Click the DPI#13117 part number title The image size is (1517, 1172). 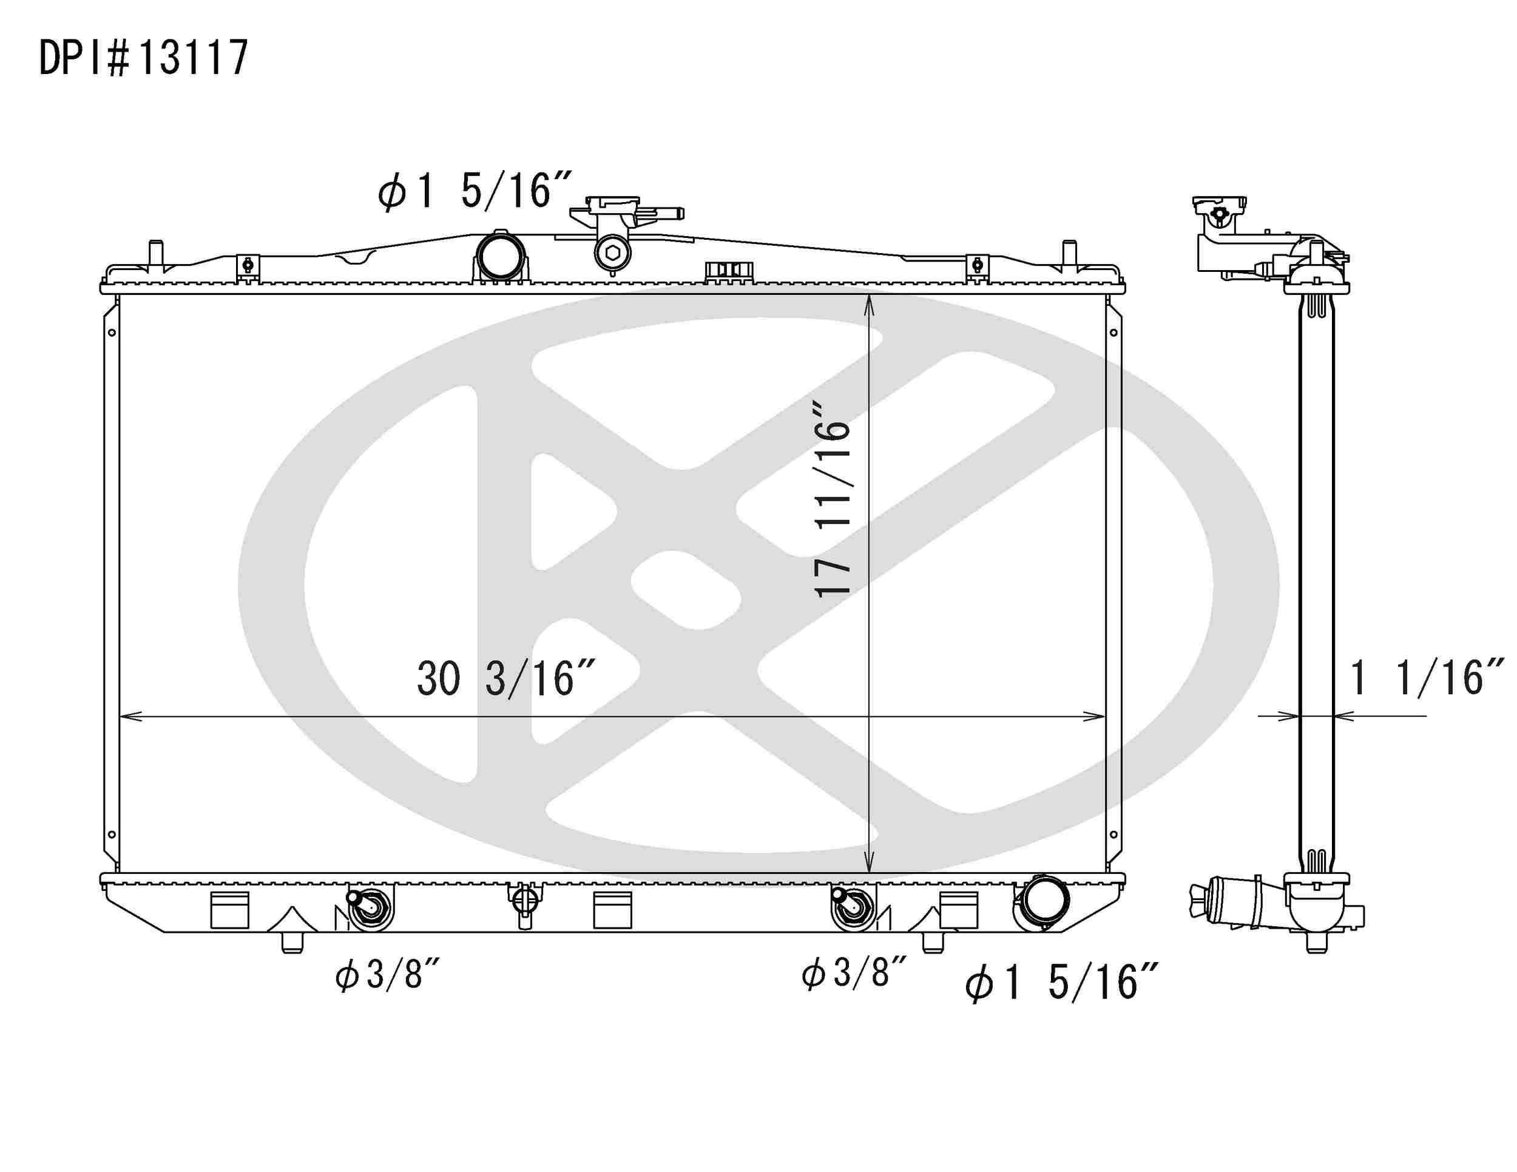coord(144,58)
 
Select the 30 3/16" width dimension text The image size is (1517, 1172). coord(505,679)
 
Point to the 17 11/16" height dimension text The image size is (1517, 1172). coord(832,499)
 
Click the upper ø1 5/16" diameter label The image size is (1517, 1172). coord(475,191)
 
